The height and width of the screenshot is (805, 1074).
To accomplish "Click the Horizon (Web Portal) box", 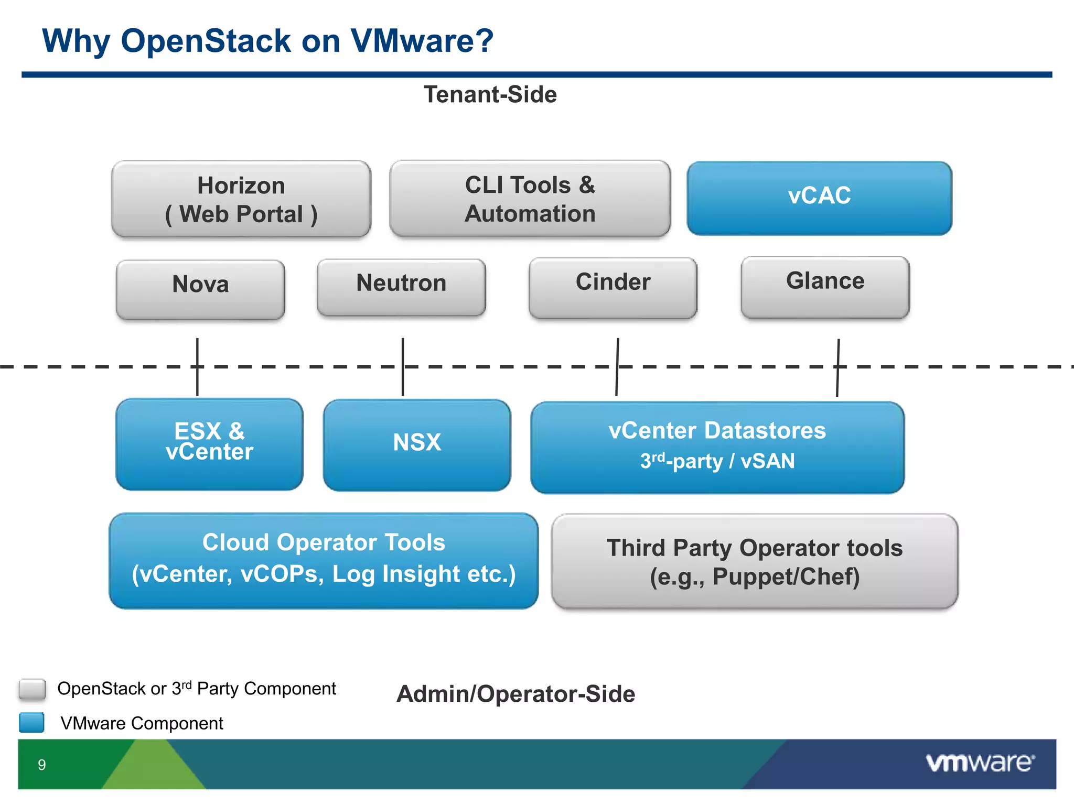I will pyautogui.click(x=241, y=199).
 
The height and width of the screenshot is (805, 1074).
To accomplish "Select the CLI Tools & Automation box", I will pyautogui.click(x=530, y=199).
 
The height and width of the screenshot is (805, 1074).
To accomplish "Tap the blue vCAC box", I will pyautogui.click(x=819, y=198).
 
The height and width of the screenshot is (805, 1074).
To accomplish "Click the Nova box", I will pyautogui.click(x=200, y=289).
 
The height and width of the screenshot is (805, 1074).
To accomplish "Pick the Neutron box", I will pyautogui.click(x=401, y=287).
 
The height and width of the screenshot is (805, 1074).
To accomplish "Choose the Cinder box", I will pyautogui.click(x=613, y=287).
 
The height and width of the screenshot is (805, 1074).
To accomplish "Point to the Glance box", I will pyautogui.click(x=825, y=287).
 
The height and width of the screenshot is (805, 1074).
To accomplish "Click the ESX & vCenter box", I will pyautogui.click(x=209, y=444).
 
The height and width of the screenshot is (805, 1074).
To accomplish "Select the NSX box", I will pyautogui.click(x=417, y=444).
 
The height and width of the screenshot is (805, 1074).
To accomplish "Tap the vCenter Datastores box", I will pyautogui.click(x=717, y=447).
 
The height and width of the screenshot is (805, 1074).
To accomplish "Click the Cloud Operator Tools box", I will pyautogui.click(x=324, y=560).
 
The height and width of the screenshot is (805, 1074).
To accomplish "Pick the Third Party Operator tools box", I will pyautogui.click(x=754, y=562).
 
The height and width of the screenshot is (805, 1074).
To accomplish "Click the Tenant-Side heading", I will pyautogui.click(x=490, y=95).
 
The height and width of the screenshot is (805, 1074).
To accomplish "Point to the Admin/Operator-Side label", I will pyautogui.click(x=515, y=694).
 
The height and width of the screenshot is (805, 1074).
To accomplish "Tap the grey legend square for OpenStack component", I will pyautogui.click(x=32, y=689).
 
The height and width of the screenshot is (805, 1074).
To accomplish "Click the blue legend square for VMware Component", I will pyautogui.click(x=32, y=722).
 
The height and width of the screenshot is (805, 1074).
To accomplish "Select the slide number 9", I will pyautogui.click(x=42, y=765).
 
